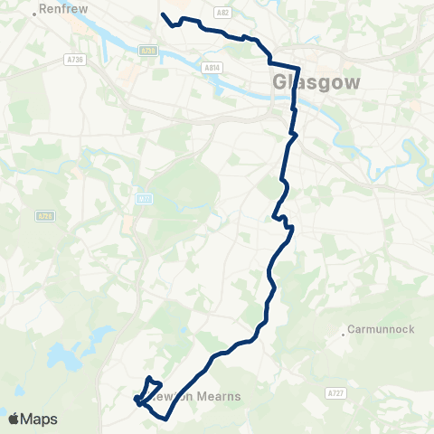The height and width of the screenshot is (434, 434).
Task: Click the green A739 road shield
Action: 146,52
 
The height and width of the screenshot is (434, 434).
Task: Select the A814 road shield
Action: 212,67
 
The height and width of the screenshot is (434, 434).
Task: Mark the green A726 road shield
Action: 45,216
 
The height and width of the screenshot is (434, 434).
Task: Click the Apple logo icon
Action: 13,419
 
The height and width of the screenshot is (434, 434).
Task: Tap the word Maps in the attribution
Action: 40,419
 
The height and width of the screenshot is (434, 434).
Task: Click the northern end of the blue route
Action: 162,14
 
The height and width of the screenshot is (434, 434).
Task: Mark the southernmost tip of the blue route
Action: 165,419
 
